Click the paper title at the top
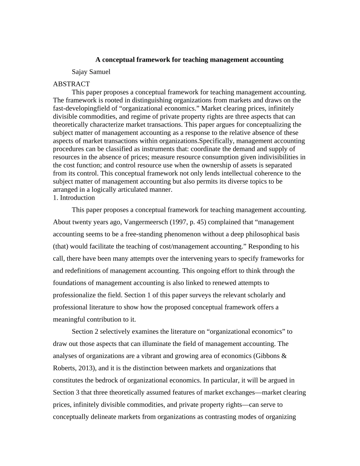pos(189,59)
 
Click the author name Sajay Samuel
pos(91,72)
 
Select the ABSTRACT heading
pos(71,84)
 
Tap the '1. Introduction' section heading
pos(74,197)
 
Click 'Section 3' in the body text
pos(64,392)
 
